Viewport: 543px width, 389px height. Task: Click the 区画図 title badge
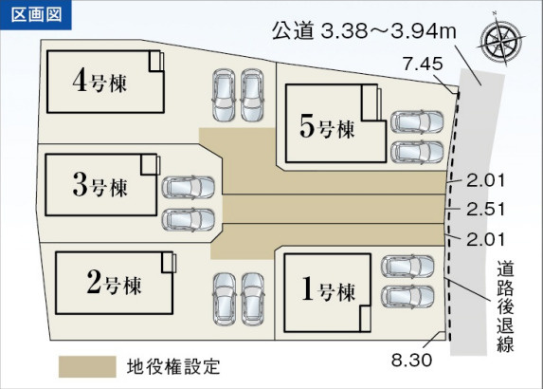tap(36, 15)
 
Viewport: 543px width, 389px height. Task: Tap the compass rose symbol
tap(501, 41)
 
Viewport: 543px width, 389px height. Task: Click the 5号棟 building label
tap(327, 127)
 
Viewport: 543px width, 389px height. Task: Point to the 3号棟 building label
tap(100, 185)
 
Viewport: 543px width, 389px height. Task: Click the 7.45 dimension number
tap(423, 64)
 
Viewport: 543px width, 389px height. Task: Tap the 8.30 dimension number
tap(412, 360)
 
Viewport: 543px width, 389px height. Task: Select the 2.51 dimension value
tap(485, 210)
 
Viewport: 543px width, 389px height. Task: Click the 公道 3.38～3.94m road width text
tap(364, 30)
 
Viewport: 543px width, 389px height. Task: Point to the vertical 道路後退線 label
tap(506, 306)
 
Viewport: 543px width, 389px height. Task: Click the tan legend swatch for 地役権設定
tap(87, 366)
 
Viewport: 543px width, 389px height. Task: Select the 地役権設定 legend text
tap(173, 367)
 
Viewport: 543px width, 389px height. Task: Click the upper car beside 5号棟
tap(417, 121)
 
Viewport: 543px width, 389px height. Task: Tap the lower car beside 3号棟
tap(189, 220)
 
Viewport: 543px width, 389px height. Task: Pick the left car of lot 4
tap(224, 95)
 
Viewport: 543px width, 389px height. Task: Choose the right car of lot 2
tap(253, 299)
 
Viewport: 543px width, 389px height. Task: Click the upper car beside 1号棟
tap(407, 267)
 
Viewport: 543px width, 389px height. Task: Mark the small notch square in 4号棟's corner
tap(156, 62)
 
